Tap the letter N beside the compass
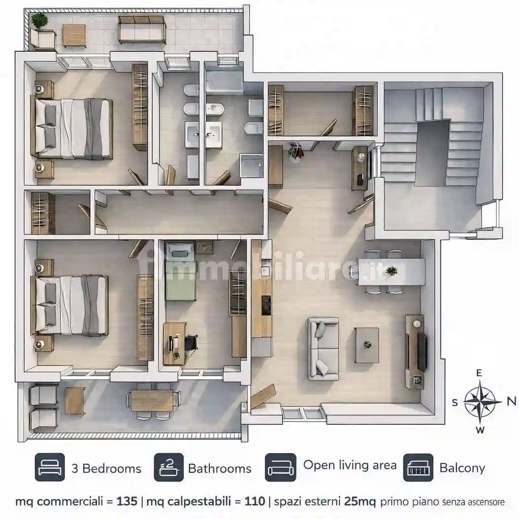(x=511, y=401)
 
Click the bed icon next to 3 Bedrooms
(x=50, y=467)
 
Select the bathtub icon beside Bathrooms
(x=169, y=467)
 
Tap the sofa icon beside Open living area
(x=280, y=467)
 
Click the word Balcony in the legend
(x=462, y=468)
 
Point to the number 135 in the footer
(x=127, y=501)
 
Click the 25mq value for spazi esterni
(x=360, y=501)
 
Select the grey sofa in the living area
(x=323, y=349)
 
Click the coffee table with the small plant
(x=367, y=345)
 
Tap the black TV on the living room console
(x=422, y=352)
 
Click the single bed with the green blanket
(x=179, y=272)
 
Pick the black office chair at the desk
(x=191, y=342)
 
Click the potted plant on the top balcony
(x=40, y=21)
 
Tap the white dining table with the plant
(x=392, y=272)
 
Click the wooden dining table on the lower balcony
(x=152, y=400)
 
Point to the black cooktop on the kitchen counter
(x=266, y=305)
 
